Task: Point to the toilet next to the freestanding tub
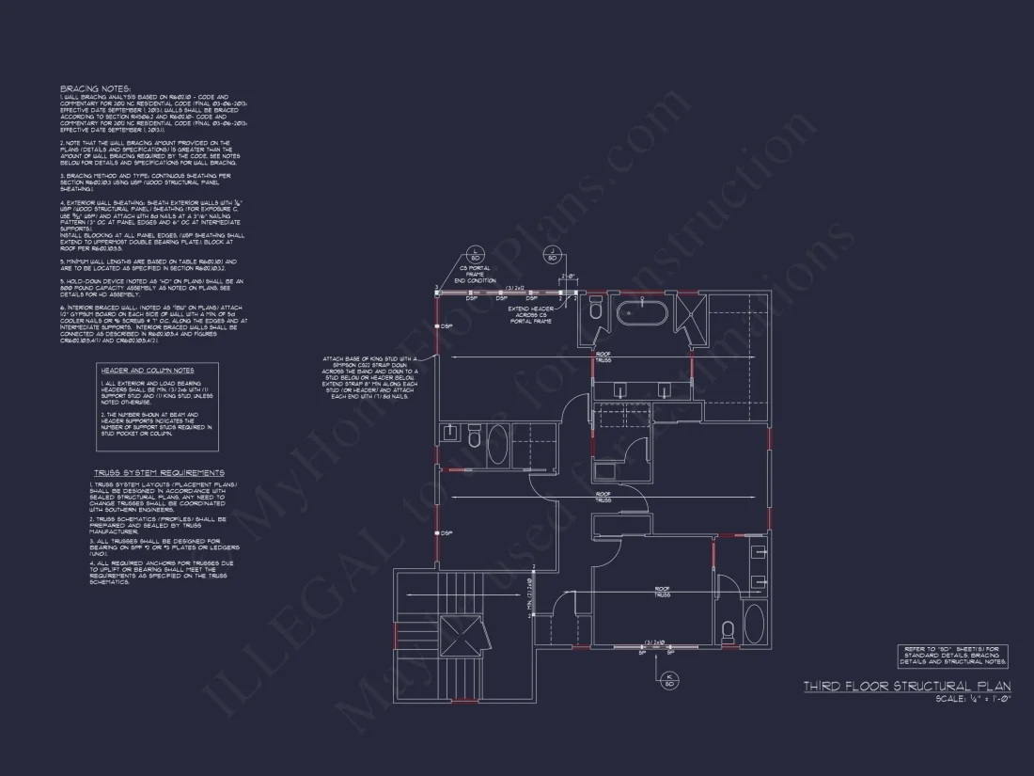pos(595,310)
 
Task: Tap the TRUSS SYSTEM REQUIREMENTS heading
pos(158,472)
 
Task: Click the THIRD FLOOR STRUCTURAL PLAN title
pos(906,687)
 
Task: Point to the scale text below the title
pos(974,699)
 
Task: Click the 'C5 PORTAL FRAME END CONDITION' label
pos(474,274)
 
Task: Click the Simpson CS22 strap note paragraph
pos(368,377)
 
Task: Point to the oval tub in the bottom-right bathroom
pos(754,624)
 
